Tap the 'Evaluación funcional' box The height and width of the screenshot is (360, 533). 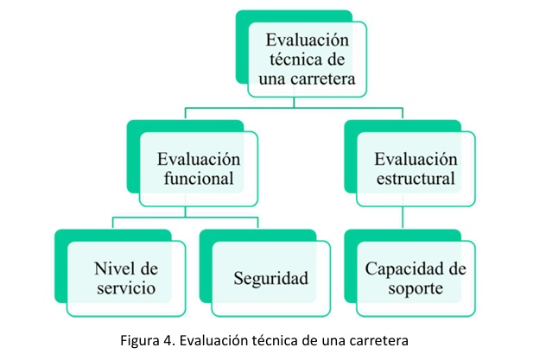(198, 169)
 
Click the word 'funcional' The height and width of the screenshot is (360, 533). (198, 180)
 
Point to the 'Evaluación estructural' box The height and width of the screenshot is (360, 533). (416, 169)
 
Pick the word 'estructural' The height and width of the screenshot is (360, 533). (416, 180)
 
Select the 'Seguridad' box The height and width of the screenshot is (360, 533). (270, 278)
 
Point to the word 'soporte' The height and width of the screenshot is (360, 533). (416, 288)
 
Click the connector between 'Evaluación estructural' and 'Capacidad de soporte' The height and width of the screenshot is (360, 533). (403, 218)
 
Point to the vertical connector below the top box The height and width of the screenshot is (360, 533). (294, 103)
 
